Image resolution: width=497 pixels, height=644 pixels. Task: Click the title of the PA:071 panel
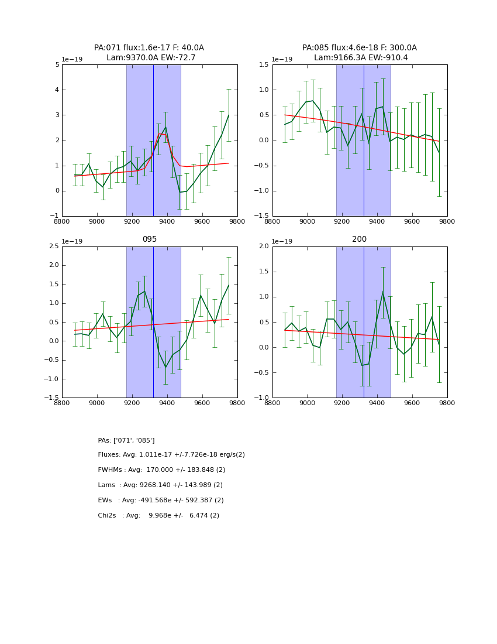pos(149,53)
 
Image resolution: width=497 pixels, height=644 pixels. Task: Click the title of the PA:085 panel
pos(359,53)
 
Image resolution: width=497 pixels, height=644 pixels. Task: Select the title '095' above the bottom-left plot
pos(149,239)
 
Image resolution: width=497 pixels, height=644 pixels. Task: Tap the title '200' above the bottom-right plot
pos(359,239)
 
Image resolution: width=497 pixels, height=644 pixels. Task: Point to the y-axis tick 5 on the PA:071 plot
pos(57,65)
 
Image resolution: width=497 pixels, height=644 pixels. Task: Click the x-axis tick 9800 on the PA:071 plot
pos(237,222)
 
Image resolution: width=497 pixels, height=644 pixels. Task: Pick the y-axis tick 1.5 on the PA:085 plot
pos(264,65)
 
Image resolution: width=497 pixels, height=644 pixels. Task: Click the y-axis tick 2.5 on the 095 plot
pos(54,246)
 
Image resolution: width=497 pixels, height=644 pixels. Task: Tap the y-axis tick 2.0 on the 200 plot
pos(264,246)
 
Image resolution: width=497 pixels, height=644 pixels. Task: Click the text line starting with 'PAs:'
pos(126,440)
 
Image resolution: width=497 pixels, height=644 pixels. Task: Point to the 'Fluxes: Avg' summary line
pos(171,455)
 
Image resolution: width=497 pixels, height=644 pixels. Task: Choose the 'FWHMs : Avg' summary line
pos(161,470)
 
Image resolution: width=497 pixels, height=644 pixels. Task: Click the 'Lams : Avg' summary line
pos(160,485)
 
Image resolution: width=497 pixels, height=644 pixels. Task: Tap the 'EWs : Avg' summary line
pos(161,501)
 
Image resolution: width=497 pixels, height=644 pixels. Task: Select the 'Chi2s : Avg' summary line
pos(158,516)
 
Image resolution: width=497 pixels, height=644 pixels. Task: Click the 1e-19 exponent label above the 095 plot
pos(72,242)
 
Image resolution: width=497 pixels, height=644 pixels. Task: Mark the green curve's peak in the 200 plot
pos(383,292)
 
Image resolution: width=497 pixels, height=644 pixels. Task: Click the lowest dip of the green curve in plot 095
pos(165,368)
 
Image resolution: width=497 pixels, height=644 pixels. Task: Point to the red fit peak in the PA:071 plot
pos(159,134)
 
